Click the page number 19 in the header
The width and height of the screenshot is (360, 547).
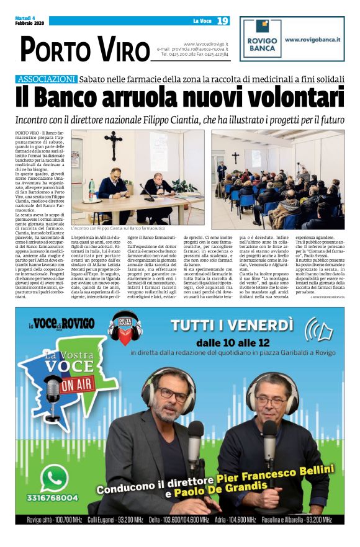tap(223, 21)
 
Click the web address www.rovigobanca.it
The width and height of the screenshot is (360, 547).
tap(312, 39)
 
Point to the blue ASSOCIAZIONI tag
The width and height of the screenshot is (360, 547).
tap(48, 79)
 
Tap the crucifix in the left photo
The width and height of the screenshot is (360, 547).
tap(114, 145)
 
